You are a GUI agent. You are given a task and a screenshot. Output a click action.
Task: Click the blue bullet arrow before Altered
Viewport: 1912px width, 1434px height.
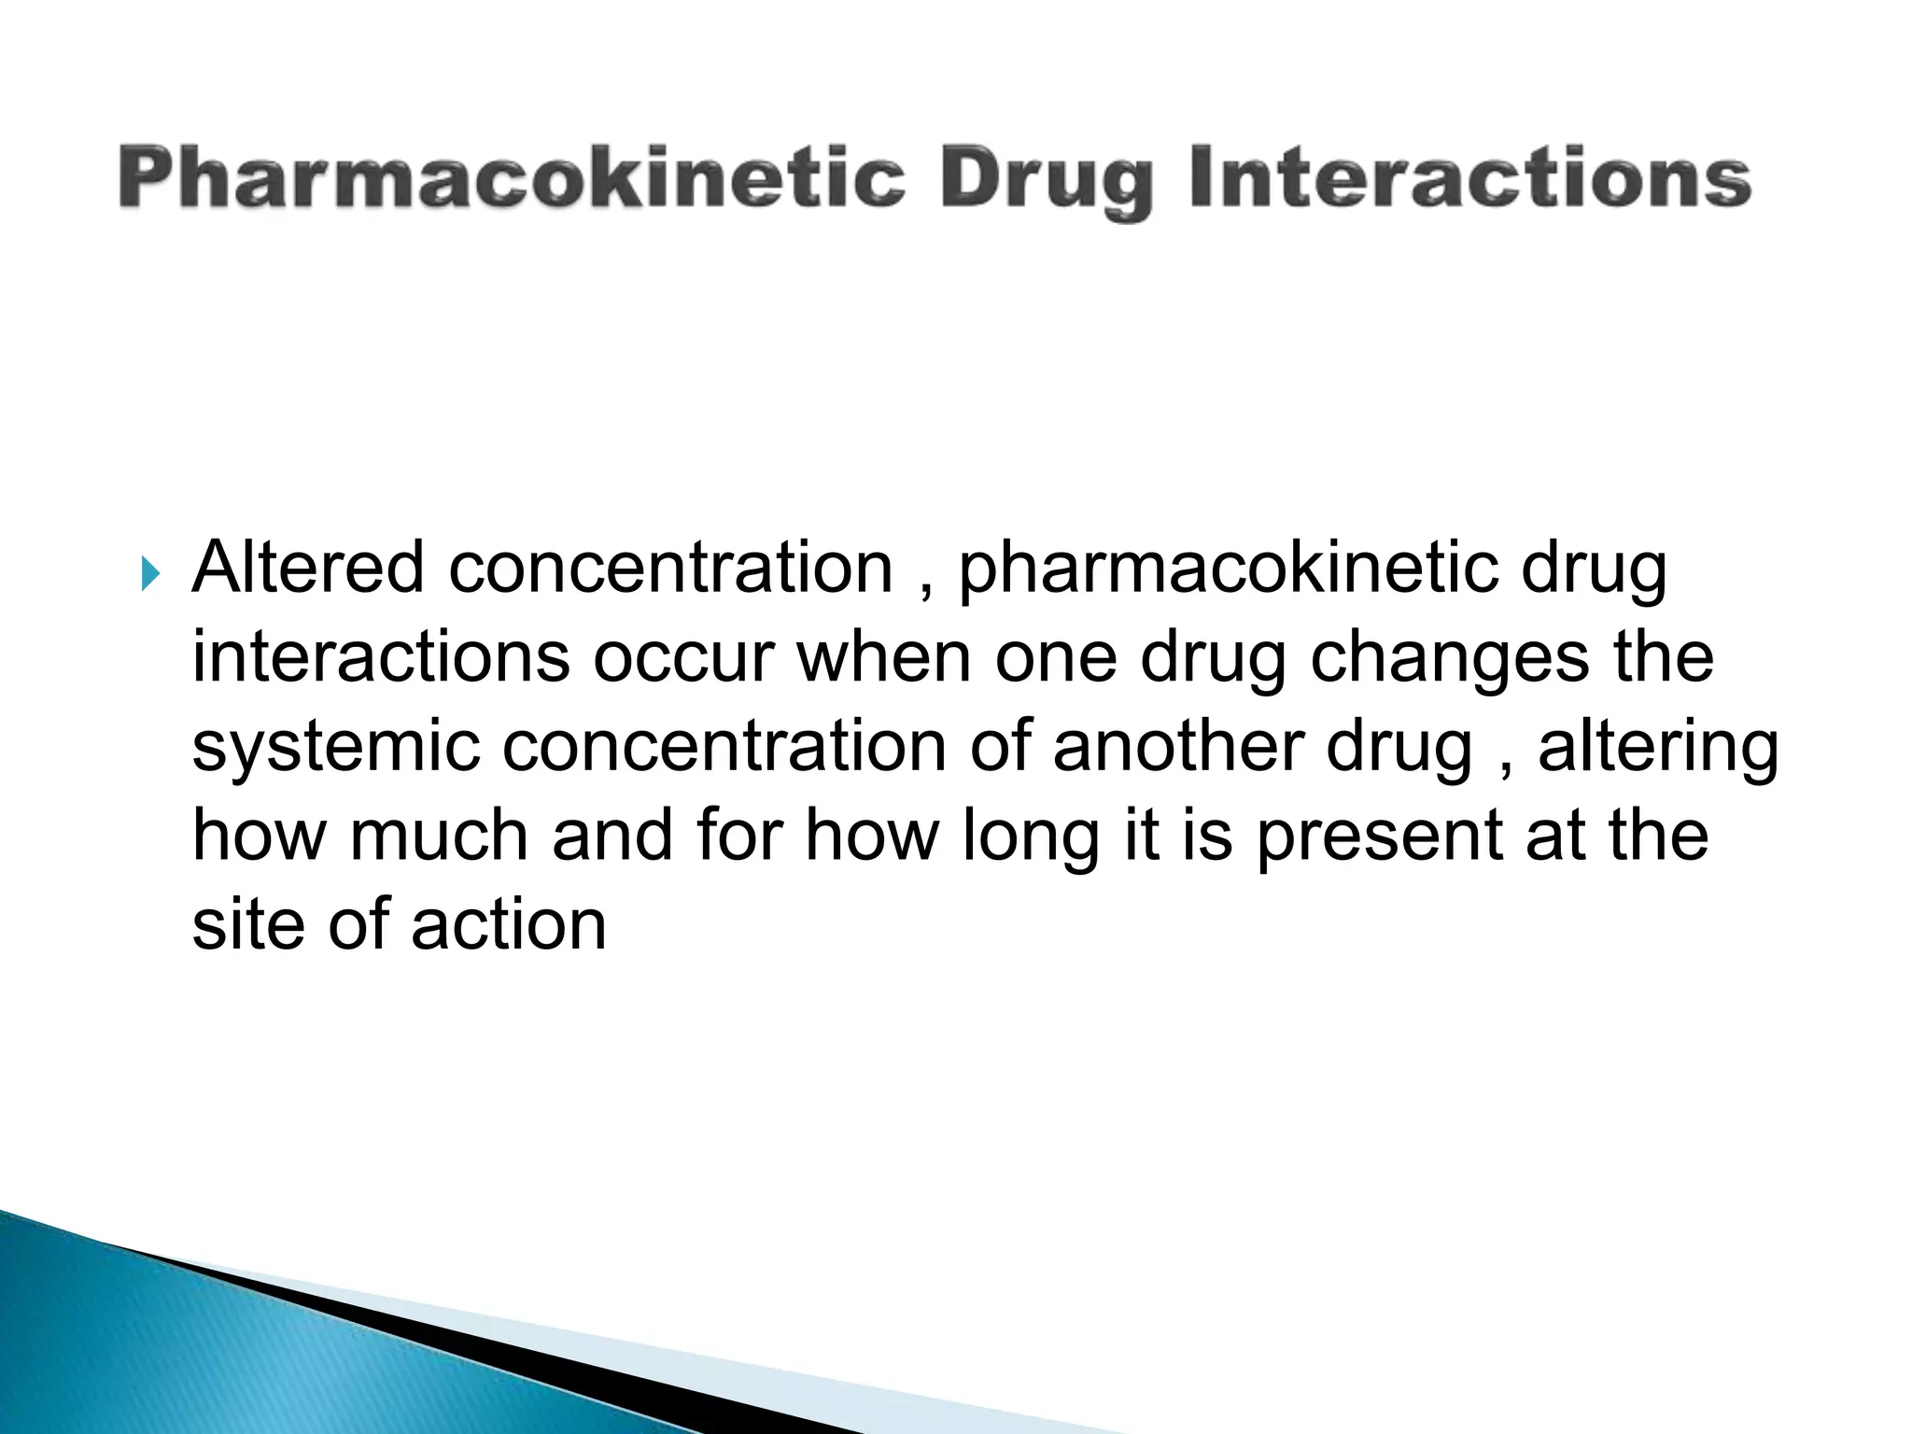tap(150, 575)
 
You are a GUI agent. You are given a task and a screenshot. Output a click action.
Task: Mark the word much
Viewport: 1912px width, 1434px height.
tap(438, 835)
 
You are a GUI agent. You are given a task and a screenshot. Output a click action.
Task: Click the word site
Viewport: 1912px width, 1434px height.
tap(248, 923)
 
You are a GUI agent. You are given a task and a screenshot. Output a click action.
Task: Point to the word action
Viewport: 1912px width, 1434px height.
tap(509, 923)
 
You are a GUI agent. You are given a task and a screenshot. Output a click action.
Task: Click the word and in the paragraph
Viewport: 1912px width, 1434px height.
tap(612, 835)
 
